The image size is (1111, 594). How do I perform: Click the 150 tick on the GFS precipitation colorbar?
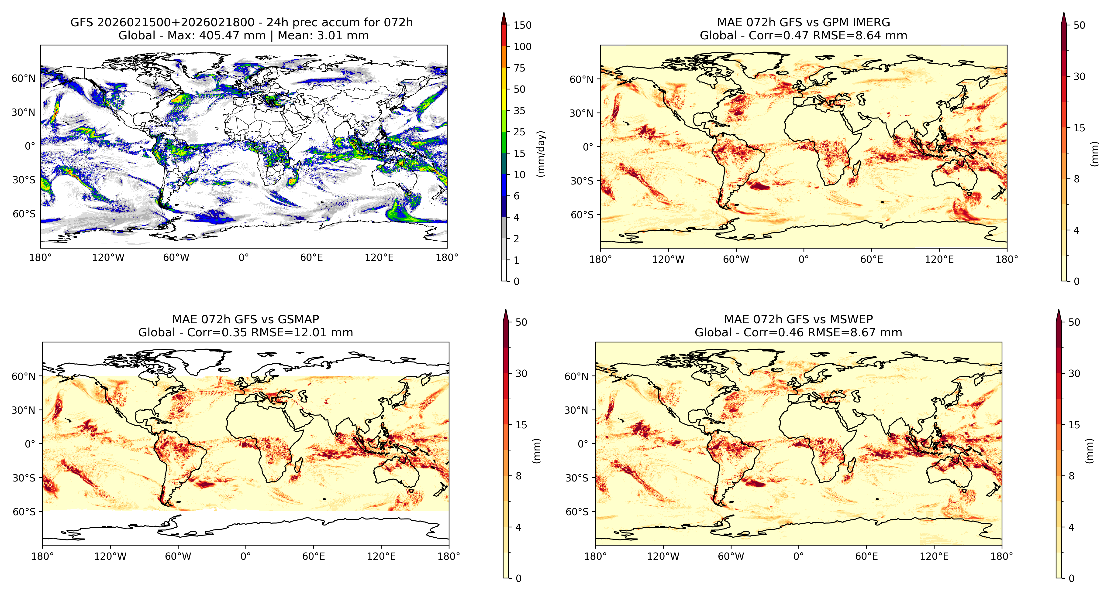click(x=522, y=25)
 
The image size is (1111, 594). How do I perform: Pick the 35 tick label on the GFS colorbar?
click(x=519, y=111)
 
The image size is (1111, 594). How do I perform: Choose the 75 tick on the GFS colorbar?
click(x=519, y=68)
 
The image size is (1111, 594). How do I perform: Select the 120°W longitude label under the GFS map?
click(x=108, y=258)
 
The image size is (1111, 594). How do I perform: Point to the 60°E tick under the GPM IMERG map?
click(x=872, y=259)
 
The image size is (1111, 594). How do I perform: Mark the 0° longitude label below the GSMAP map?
click(x=245, y=556)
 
